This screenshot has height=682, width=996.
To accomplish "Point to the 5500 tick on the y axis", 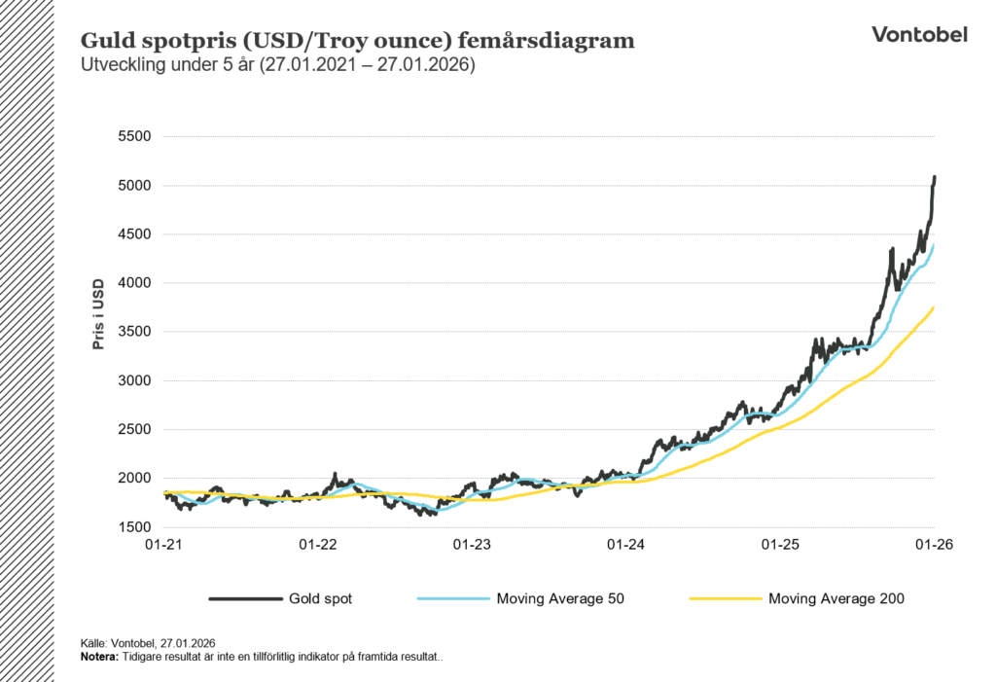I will point(134,136).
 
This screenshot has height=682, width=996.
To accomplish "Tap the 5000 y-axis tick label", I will point(134,185).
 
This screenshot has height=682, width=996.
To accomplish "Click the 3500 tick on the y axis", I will point(134,332).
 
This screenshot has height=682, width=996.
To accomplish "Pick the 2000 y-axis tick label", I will point(134,478).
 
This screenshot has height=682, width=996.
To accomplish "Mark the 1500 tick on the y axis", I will point(134,527).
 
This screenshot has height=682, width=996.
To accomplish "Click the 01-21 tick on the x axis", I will point(165,545).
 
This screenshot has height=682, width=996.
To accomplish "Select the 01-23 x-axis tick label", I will point(474,545).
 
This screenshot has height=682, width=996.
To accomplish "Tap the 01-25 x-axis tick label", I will point(781,545).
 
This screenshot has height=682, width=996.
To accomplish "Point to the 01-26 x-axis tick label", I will point(935,545).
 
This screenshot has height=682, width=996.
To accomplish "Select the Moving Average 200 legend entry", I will point(836,598).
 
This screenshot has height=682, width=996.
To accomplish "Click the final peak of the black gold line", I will point(934,177).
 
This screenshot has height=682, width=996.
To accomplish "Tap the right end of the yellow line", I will point(934,307).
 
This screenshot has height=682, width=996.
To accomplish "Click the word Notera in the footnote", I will point(99,657).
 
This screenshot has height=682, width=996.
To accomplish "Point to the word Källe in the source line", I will point(93,644).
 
